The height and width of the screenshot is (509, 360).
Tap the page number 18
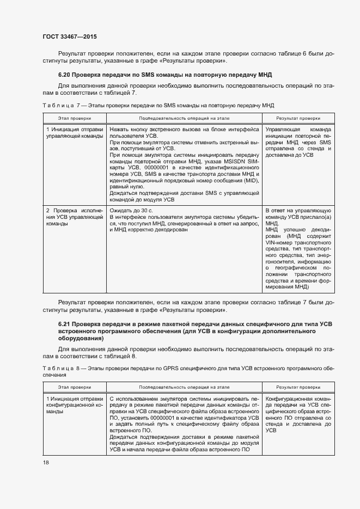(45, 462)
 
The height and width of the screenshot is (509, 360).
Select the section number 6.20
(65, 74)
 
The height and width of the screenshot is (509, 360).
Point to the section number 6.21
(65, 324)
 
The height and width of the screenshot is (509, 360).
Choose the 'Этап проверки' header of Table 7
(75, 118)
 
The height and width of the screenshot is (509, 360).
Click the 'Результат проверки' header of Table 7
(297, 118)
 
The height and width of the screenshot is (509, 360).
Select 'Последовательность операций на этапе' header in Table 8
(185, 387)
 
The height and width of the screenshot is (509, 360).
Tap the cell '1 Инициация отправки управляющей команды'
(75, 133)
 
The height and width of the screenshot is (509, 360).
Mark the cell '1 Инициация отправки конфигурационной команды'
(75, 405)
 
